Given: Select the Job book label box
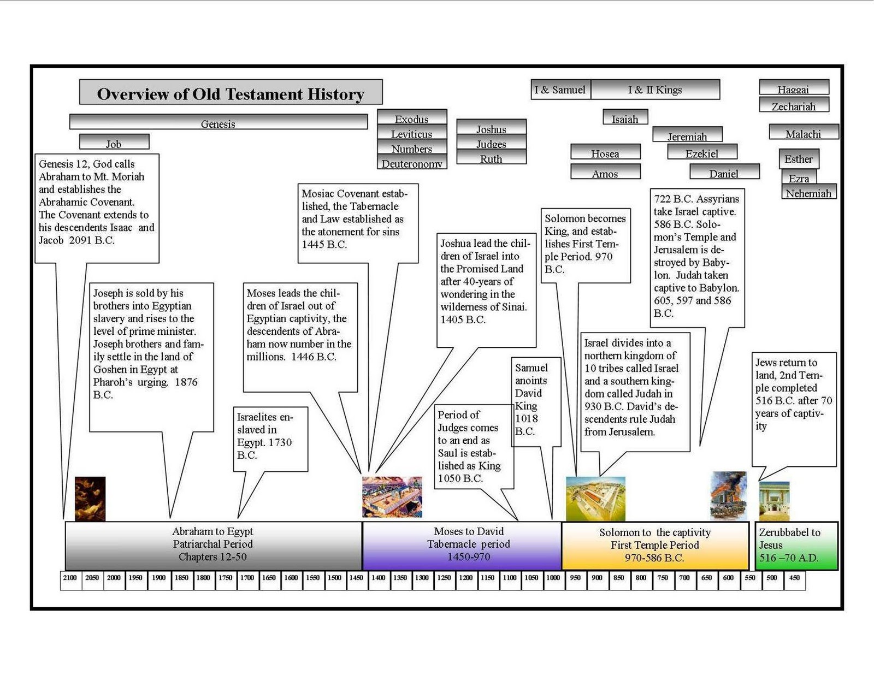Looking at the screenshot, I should click(x=114, y=142).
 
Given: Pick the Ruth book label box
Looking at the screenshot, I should click(x=491, y=158).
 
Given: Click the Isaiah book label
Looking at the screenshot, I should click(x=625, y=118).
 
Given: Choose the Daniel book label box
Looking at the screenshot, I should click(x=724, y=173).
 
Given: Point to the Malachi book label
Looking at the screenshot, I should click(x=803, y=133).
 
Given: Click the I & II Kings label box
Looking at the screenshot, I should click(x=655, y=90).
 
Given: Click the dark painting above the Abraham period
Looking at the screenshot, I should click(x=90, y=499).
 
